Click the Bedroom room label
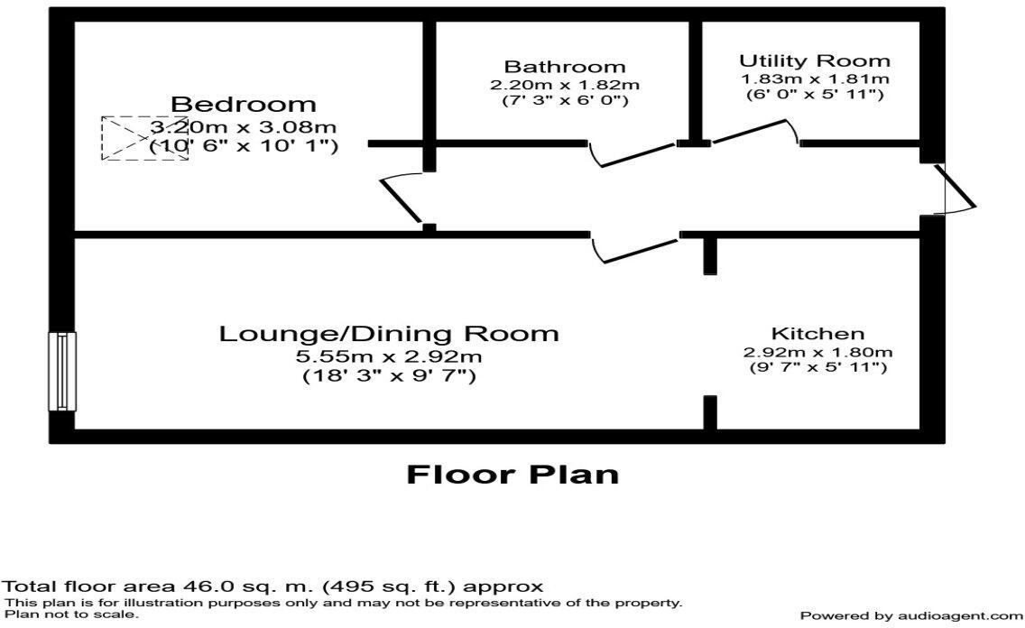coord(244,105)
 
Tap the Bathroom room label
coord(564,67)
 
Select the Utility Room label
coord(814,61)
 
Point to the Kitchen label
coord(817,334)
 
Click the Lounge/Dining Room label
coord(389,334)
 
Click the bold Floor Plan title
coord(512,475)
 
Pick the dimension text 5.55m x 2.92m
coord(388,356)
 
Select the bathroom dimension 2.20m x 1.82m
coord(564,85)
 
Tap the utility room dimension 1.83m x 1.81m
coord(815,79)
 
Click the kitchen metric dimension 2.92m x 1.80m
coord(817,352)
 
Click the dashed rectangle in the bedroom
coord(144,138)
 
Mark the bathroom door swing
coord(633,154)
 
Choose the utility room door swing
coord(753,133)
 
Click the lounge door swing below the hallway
coord(633,249)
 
